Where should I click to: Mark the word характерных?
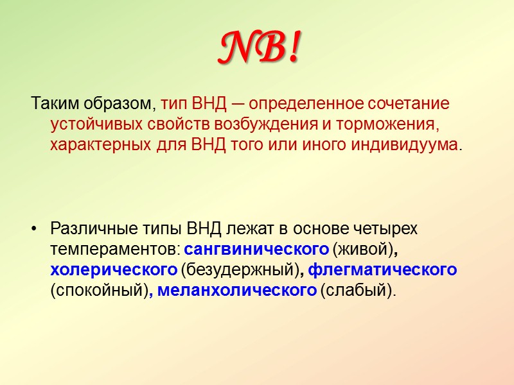click(x=95, y=144)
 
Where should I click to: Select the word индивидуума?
click(x=405, y=144)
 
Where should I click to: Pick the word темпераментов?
click(x=115, y=249)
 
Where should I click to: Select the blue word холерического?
click(x=114, y=270)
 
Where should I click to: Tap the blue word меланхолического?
click(x=236, y=291)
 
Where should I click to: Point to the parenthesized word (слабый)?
click(x=359, y=291)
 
